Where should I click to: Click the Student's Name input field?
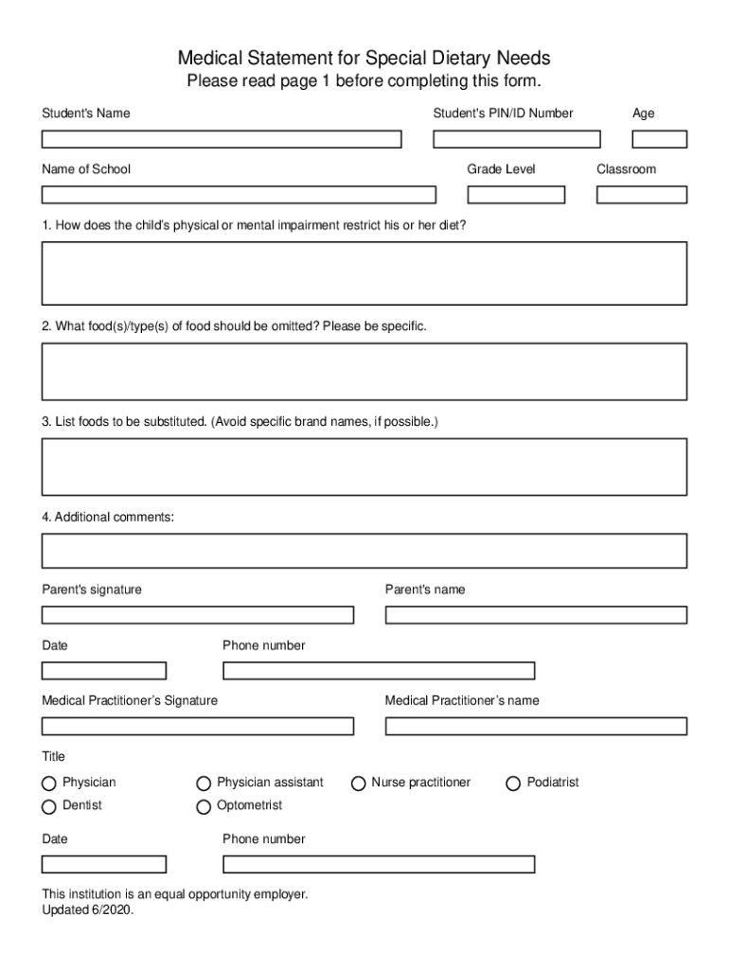point(222,139)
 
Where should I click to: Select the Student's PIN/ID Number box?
point(516,139)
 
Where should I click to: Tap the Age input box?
point(659,139)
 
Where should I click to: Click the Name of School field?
point(239,195)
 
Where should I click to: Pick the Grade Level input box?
point(516,195)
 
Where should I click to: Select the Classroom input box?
point(641,195)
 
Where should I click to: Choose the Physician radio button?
point(49,784)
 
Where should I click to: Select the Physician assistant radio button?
point(204,784)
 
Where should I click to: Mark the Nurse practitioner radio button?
point(359,784)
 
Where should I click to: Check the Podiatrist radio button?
point(513,784)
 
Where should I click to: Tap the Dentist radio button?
point(49,807)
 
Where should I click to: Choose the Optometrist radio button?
point(204,807)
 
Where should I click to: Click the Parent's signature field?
point(197,615)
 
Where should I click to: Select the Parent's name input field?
point(536,615)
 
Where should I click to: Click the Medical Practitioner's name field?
point(536,727)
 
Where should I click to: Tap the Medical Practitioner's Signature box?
point(197,727)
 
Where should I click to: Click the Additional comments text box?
point(364,551)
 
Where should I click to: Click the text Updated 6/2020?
point(88,910)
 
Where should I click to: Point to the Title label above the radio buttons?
point(53,757)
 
